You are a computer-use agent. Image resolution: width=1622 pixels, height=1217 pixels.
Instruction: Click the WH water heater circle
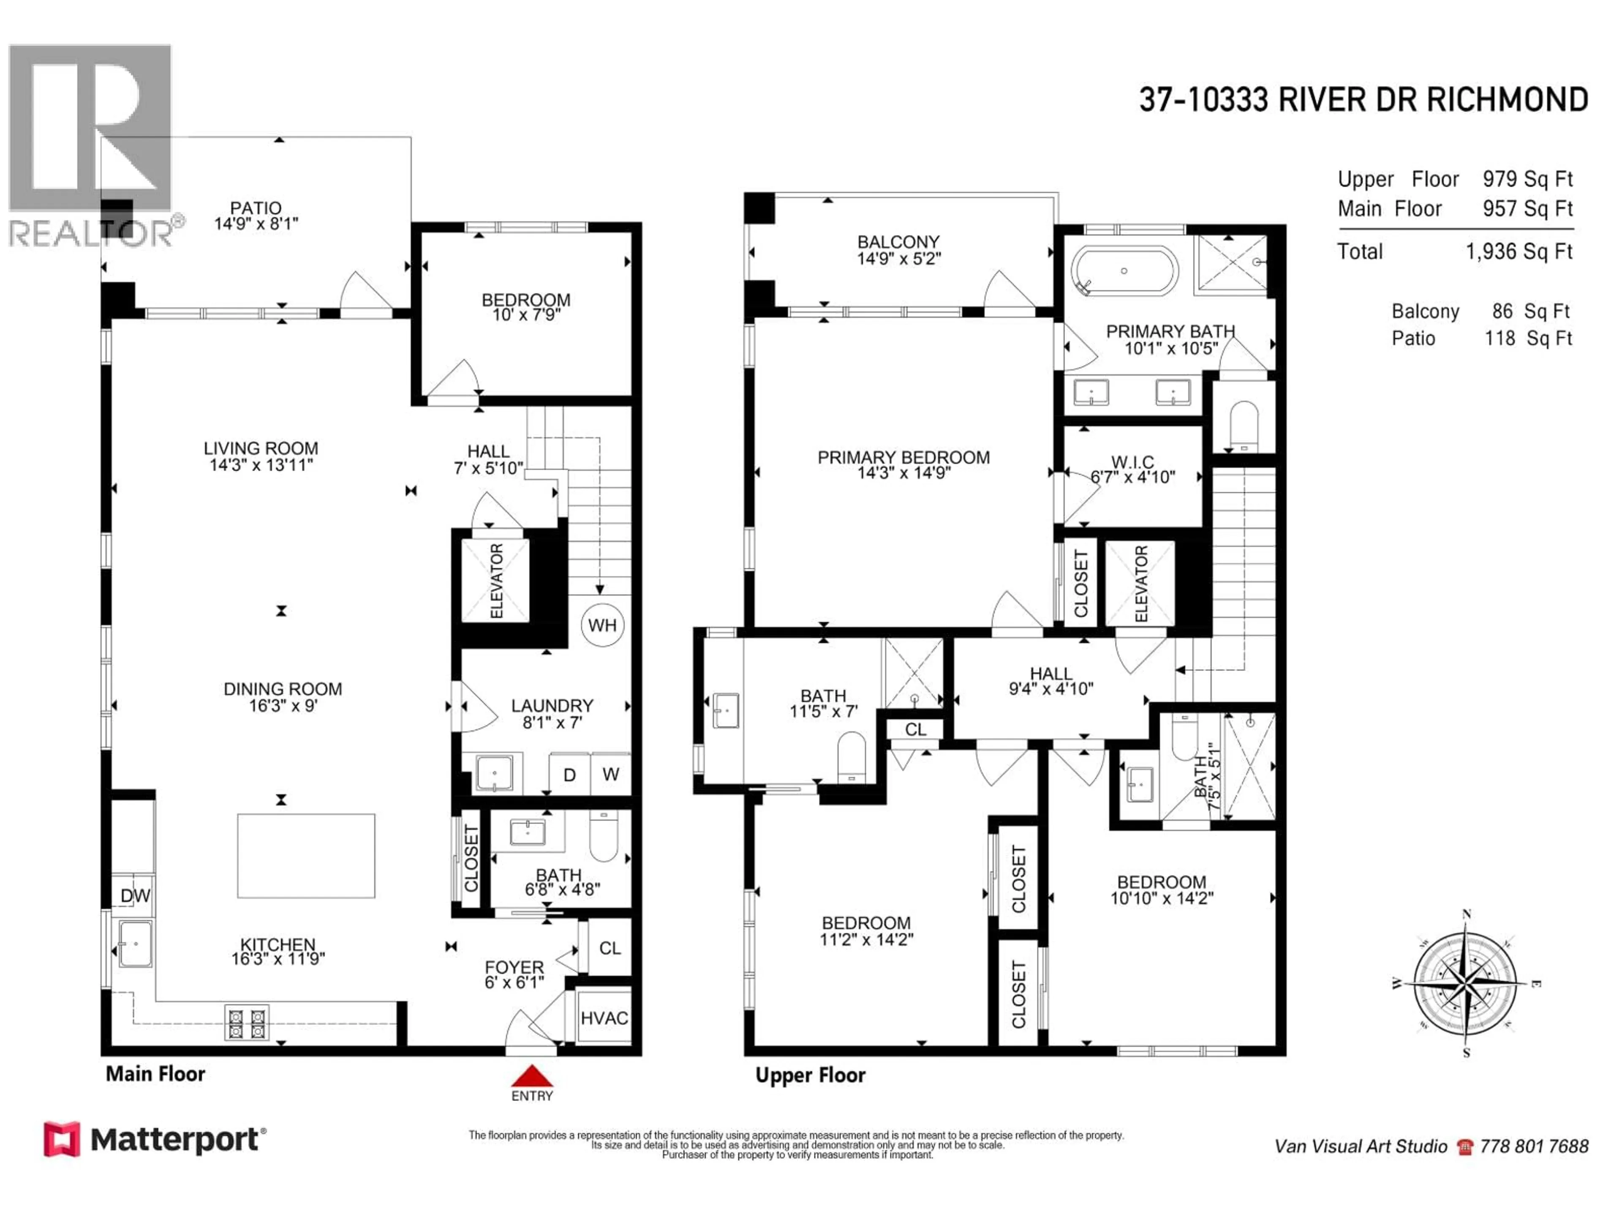tap(602, 625)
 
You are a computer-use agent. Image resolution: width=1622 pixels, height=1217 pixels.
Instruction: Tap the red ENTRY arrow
tap(532, 1076)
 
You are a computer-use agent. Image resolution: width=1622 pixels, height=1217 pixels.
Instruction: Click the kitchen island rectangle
tap(306, 855)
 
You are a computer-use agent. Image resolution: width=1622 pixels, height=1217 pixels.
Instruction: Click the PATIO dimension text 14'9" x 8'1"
tap(256, 224)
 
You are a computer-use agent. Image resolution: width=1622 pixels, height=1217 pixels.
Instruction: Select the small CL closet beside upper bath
tap(915, 729)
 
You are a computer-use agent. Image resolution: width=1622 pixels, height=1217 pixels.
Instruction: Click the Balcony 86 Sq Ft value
tap(1530, 312)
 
